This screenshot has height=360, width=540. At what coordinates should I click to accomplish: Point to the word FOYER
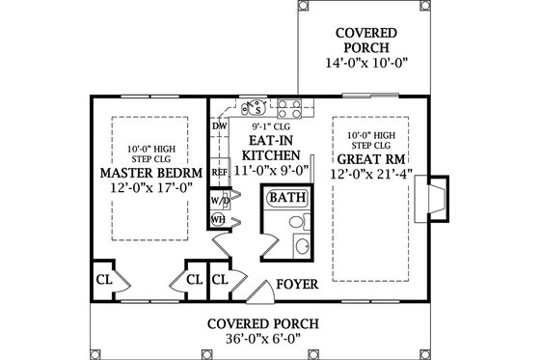tap(298, 285)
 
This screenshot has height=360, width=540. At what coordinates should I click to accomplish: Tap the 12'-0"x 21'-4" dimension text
tap(369, 175)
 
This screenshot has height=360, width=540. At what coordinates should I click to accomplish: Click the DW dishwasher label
tap(219, 126)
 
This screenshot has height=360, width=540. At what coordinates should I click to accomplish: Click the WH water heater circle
tap(219, 219)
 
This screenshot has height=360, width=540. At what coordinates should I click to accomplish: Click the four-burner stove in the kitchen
tap(290, 106)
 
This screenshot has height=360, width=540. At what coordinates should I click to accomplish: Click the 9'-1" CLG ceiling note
tap(270, 125)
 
